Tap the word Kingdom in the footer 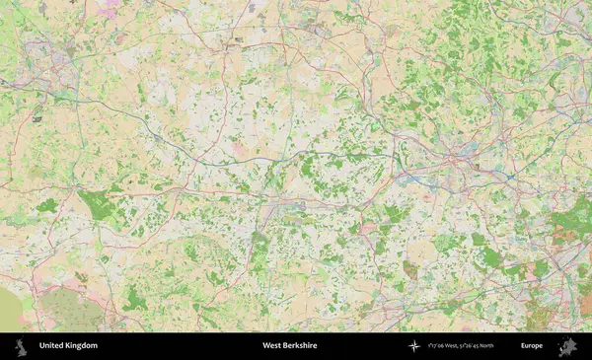point(83,346)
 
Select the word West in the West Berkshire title point(272,346)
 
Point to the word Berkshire point(306,346)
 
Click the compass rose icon point(414,346)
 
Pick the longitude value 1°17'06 point(439,346)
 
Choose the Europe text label point(532,346)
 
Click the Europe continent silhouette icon point(567,346)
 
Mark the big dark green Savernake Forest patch point(97,205)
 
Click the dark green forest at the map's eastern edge point(572,219)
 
